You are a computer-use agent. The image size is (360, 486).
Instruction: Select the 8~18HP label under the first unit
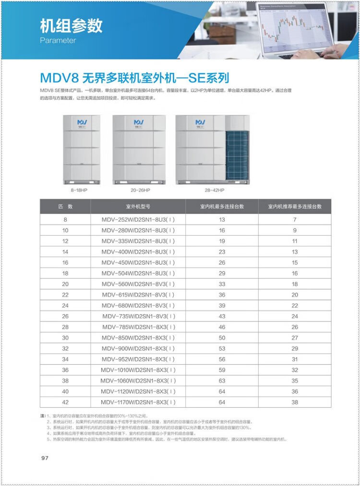(x=79, y=190)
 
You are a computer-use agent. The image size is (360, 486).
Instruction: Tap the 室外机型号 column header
(x=138, y=206)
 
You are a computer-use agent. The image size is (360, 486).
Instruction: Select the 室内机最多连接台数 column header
(x=222, y=206)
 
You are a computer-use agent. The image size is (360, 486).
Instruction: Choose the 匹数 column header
(x=65, y=206)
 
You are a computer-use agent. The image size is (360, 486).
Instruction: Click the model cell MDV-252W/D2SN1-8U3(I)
(x=138, y=220)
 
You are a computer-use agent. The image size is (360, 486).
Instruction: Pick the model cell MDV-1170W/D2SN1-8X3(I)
(x=138, y=402)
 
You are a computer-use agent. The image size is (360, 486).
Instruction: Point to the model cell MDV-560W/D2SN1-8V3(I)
(x=138, y=284)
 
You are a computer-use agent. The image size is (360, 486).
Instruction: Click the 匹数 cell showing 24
(x=65, y=306)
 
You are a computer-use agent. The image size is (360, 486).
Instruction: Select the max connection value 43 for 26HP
(x=222, y=316)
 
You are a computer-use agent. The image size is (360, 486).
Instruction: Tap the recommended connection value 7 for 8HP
(x=295, y=220)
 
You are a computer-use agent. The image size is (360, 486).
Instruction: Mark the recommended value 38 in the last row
(x=295, y=402)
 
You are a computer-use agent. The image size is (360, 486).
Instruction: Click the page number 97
(x=45, y=458)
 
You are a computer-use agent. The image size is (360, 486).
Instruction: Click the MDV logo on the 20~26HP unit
(x=139, y=123)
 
